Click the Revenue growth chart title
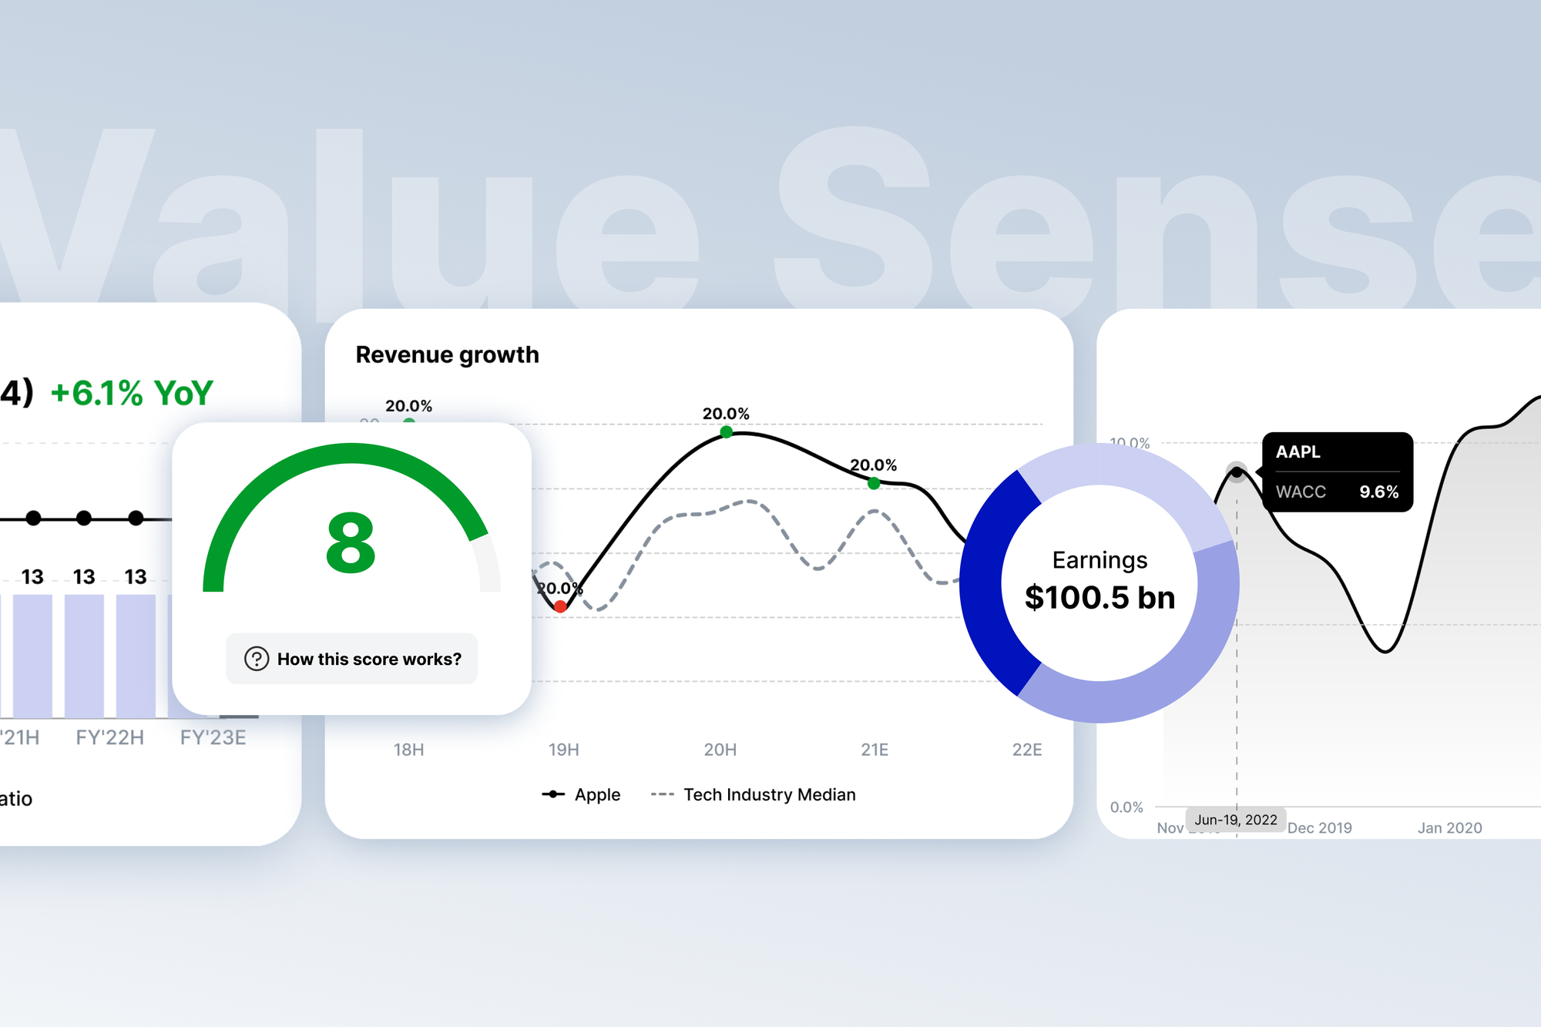click(x=447, y=355)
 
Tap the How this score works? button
click(x=352, y=659)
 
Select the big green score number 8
click(x=351, y=544)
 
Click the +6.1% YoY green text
click(x=132, y=393)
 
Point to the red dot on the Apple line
click(x=561, y=607)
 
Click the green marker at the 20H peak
click(x=726, y=432)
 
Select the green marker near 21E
click(x=874, y=484)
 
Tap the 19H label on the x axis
click(x=564, y=750)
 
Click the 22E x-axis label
click(x=1027, y=750)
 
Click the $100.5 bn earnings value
click(x=1100, y=598)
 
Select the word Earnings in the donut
click(x=1100, y=560)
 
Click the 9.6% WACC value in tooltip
click(x=1378, y=492)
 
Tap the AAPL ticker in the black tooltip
click(x=1298, y=452)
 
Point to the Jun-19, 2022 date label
click(x=1236, y=820)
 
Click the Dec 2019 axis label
click(x=1320, y=828)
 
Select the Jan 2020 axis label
click(x=1449, y=828)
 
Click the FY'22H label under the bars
click(x=110, y=737)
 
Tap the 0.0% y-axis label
click(x=1126, y=807)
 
